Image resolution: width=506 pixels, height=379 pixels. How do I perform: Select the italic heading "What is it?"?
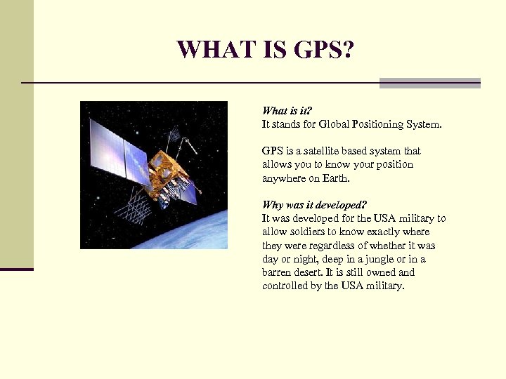[286, 110]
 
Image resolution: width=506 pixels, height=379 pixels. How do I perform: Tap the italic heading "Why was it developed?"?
[314, 205]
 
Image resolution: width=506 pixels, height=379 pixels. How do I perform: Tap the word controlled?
[285, 286]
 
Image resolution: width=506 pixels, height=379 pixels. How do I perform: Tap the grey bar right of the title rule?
[429, 83]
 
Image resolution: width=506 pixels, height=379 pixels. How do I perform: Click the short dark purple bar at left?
[16, 269]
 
